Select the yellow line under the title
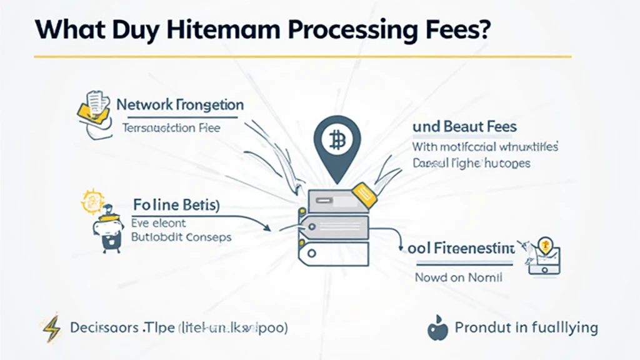coord(302,57)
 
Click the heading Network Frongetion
coord(180,104)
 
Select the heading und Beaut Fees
coord(464,127)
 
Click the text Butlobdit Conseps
coord(181,237)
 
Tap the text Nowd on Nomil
coord(458,277)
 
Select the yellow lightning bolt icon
coord(50,327)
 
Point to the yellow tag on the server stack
coord(364,194)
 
